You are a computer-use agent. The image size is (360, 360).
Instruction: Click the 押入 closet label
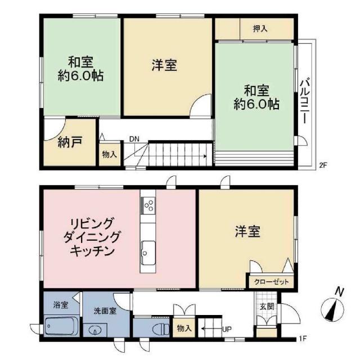tap(260, 28)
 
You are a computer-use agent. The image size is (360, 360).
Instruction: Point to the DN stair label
tap(134, 139)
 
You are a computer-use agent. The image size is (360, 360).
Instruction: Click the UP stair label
tap(227, 329)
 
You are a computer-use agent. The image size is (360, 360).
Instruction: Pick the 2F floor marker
tap(323, 165)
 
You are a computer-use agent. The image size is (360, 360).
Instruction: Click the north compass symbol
tap(334, 308)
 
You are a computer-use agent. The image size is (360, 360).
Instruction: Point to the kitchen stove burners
tap(149, 205)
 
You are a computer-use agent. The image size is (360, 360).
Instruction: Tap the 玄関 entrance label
tap(267, 307)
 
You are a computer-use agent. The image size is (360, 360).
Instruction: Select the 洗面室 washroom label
tap(105, 310)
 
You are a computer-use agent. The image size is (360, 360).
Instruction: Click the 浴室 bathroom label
tap(61, 305)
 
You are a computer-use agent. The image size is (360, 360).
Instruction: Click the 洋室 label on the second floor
tap(165, 66)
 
